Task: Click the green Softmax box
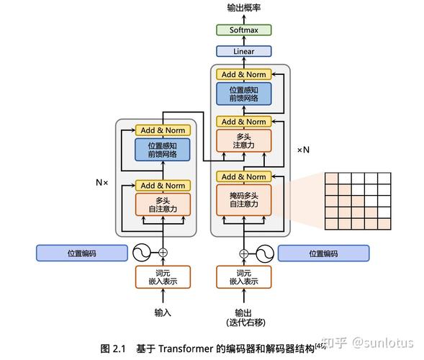[243, 30]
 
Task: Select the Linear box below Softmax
[243, 52]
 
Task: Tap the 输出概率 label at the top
[243, 8]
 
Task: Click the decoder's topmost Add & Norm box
[243, 74]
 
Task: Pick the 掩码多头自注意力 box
[243, 199]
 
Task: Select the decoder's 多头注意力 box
[243, 140]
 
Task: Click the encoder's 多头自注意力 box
[163, 204]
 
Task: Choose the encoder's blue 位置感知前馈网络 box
[163, 149]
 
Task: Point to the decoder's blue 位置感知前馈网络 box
[243, 94]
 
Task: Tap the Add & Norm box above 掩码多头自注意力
[243, 176]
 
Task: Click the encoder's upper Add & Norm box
[163, 130]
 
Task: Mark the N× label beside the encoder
[102, 182]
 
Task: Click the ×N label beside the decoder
[303, 150]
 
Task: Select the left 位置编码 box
[81, 253]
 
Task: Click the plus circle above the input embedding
[163, 253]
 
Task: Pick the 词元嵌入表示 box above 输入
[163, 277]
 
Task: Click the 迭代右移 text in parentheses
[243, 320]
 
